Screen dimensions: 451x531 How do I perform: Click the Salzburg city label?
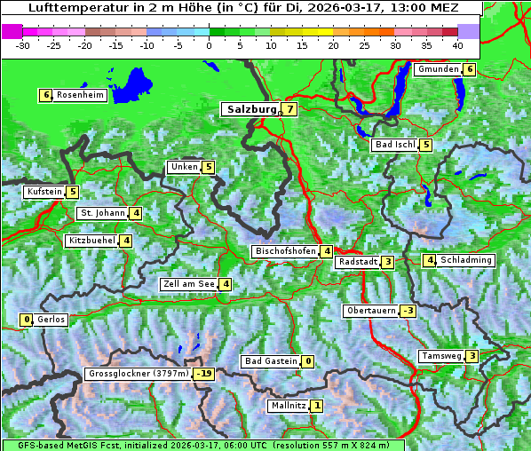[x=251, y=109]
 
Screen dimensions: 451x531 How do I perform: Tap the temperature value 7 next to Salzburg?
[x=289, y=109]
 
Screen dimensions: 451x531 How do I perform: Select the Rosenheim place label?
[x=79, y=95]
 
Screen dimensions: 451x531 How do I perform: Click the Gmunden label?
[x=438, y=69]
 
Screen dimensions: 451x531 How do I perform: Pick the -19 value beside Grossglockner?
[x=204, y=374]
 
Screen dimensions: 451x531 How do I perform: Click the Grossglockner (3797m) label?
[x=139, y=374]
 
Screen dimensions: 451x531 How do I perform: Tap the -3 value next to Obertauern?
[x=408, y=311]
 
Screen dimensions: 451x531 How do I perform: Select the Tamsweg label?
[x=440, y=356]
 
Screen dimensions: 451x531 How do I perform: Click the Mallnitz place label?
[x=289, y=406]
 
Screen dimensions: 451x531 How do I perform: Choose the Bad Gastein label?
[x=271, y=361]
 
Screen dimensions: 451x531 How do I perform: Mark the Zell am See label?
[x=188, y=284]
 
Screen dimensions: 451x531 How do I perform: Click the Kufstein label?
[x=44, y=192]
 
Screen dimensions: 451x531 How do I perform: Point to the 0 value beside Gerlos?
[x=27, y=320]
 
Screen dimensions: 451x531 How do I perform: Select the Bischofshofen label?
[x=285, y=251]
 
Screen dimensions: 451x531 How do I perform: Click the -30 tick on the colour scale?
[x=23, y=44]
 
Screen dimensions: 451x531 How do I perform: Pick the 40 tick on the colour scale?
[x=457, y=44]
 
